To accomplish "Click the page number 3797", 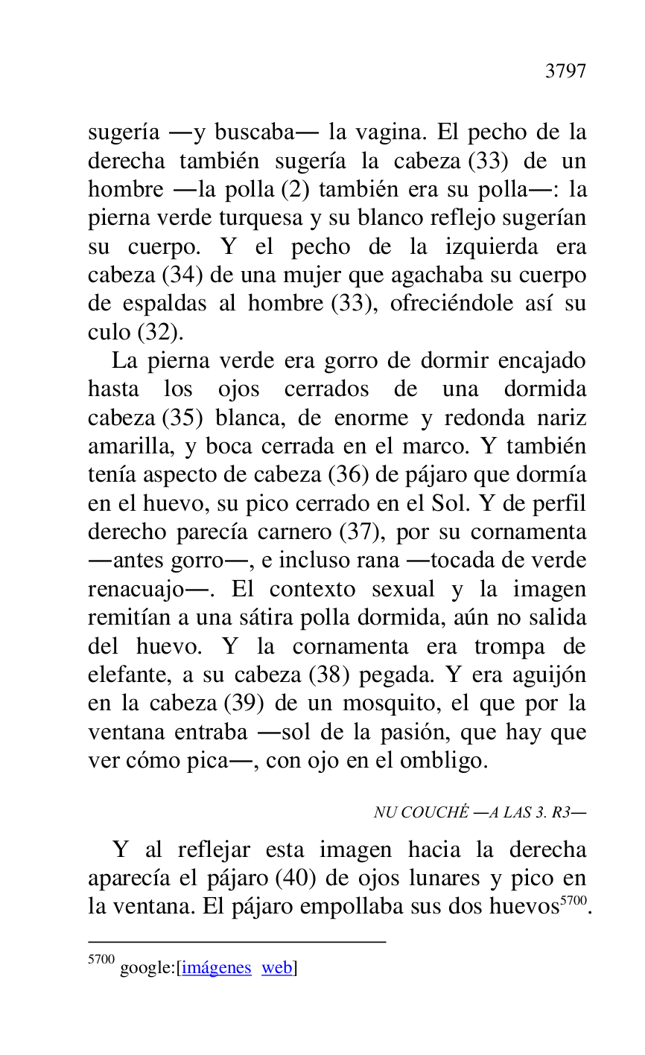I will pyautogui.click(x=565, y=71).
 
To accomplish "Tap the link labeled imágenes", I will pyautogui.click(x=217, y=968).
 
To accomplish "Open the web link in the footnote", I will pyautogui.click(x=276, y=968).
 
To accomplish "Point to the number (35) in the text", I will pyautogui.click(x=182, y=418).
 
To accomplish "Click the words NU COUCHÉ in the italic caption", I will pyautogui.click(x=422, y=812).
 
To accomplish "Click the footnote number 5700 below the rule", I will pyautogui.click(x=101, y=960).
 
